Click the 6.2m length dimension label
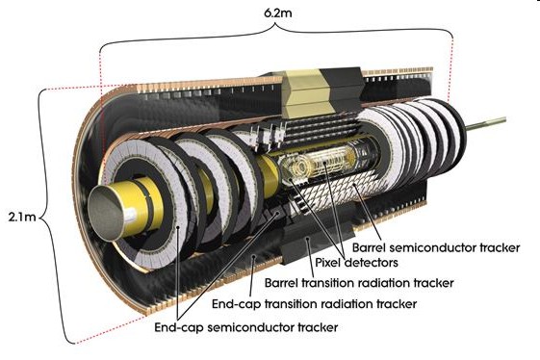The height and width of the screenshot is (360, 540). point(277,13)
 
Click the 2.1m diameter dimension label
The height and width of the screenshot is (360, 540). point(22,217)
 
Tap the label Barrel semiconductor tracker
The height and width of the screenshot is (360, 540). point(436,247)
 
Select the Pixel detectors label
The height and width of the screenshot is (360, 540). point(356,263)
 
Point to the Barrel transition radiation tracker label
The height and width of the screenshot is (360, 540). point(359,283)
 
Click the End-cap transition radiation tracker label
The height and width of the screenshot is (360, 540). point(314,304)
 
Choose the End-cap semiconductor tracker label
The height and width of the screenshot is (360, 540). point(245,327)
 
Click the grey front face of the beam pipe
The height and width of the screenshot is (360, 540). point(105,211)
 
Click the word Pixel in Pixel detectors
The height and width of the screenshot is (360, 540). point(328,263)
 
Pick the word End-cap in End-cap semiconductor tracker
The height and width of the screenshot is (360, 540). point(179,327)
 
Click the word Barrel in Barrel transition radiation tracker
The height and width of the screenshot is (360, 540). point(281,283)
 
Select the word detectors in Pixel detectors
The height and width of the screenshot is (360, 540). point(372,263)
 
